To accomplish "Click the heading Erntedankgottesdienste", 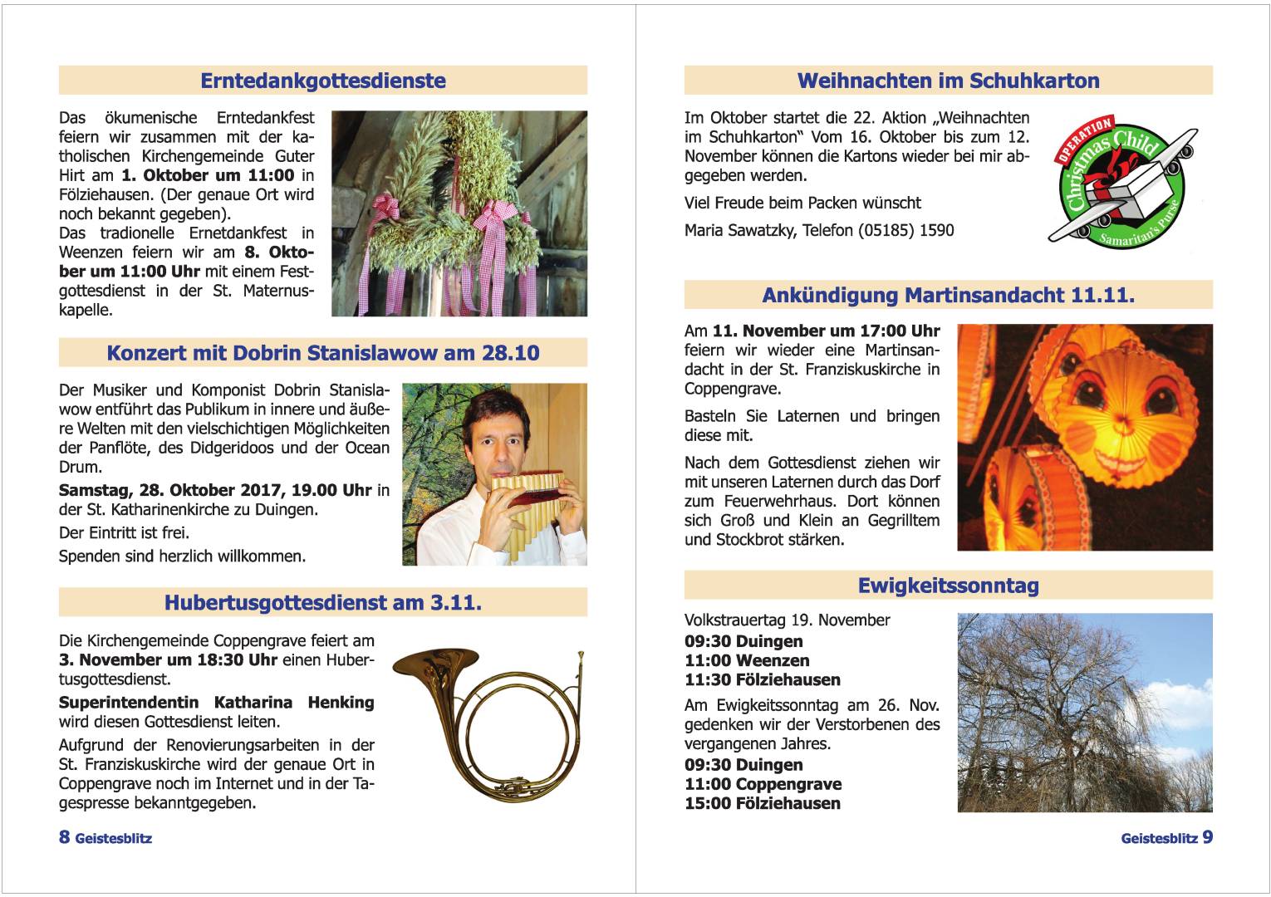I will pyautogui.click(x=323, y=81).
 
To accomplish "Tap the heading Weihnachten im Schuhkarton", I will pyautogui.click(x=948, y=81).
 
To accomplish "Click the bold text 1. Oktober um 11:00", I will pyautogui.click(x=208, y=175).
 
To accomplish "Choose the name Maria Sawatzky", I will pyautogui.click(x=739, y=230).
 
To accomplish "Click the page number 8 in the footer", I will pyautogui.click(x=65, y=836).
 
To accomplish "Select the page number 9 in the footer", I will pyautogui.click(x=1207, y=836).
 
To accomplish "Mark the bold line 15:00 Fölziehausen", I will pyautogui.click(x=762, y=803).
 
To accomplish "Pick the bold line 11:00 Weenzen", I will pyautogui.click(x=747, y=660).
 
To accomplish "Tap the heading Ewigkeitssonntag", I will pyautogui.click(x=948, y=586).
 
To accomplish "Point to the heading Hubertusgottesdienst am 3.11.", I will pyautogui.click(x=323, y=602).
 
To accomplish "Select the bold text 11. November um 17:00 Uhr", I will pyautogui.click(x=826, y=331).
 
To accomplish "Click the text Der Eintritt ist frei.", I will pyautogui.click(x=124, y=532).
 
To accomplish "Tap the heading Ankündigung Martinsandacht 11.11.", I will pyautogui.click(x=948, y=295).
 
